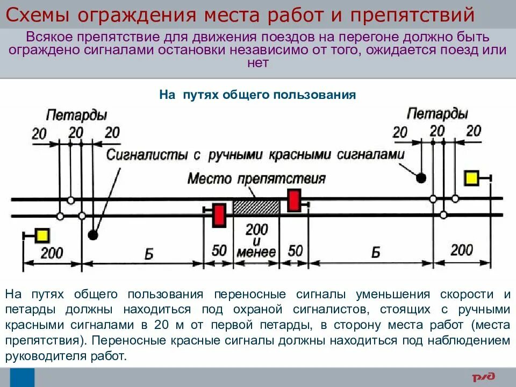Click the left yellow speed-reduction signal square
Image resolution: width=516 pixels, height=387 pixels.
(x=42, y=235)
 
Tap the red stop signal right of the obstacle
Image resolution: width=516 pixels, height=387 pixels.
(x=293, y=201)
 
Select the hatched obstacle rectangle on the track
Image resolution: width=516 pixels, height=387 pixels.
(x=256, y=207)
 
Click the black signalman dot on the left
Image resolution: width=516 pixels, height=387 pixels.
(x=93, y=235)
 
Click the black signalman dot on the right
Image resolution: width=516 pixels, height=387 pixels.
(x=421, y=177)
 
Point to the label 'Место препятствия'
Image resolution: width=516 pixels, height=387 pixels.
(x=256, y=178)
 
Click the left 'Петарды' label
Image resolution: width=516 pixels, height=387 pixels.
(x=76, y=114)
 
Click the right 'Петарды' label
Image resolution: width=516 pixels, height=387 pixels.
(x=437, y=113)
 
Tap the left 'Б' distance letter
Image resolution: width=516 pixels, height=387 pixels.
(x=148, y=254)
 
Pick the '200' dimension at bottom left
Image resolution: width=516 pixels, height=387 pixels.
(x=52, y=253)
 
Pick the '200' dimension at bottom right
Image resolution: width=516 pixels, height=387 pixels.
(x=461, y=250)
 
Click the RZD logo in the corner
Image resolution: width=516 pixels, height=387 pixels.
(x=484, y=377)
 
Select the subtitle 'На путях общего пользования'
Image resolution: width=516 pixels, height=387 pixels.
(x=258, y=95)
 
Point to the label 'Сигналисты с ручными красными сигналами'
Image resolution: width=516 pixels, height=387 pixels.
(x=255, y=155)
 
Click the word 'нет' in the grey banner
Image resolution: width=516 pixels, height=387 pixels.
(x=257, y=63)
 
